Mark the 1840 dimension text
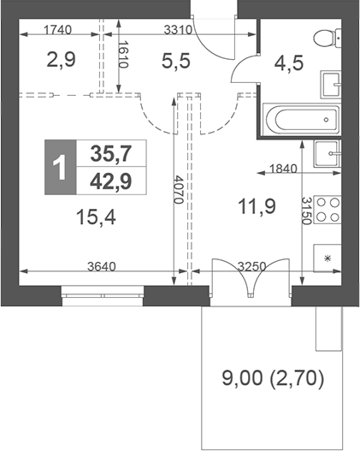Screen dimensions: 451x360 [x=282, y=169]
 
